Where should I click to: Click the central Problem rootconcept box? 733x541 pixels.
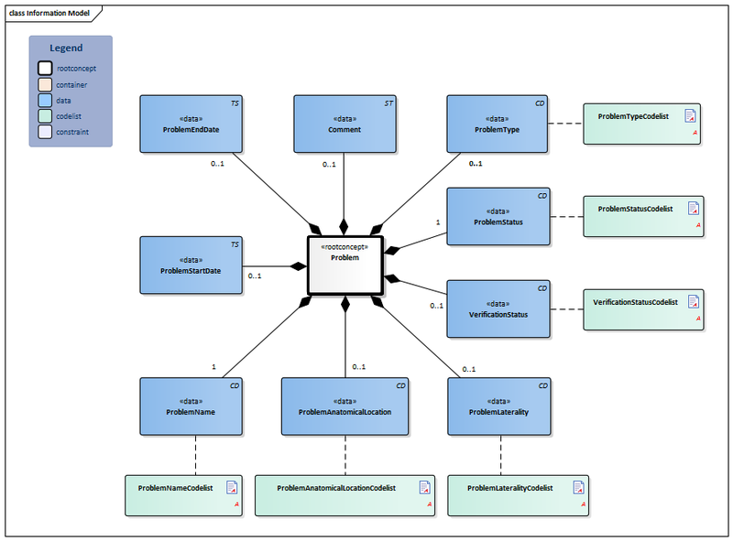click(x=344, y=265)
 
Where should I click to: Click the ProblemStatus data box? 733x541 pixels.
click(x=498, y=216)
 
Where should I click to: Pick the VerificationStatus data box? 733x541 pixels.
click(x=498, y=308)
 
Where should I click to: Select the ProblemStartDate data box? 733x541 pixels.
click(x=191, y=265)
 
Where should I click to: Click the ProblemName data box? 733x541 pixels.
click(x=191, y=406)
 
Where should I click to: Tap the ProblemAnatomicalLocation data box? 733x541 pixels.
click(x=345, y=406)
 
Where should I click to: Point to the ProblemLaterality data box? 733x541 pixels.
click(x=498, y=406)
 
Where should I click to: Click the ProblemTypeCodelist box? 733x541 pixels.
click(x=641, y=124)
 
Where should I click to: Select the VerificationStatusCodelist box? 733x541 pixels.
click(x=641, y=308)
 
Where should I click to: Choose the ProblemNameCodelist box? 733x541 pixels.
click(x=183, y=495)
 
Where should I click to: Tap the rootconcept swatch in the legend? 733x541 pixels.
click(x=45, y=68)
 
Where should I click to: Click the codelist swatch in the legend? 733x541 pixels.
click(x=45, y=116)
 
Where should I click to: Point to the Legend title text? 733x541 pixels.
click(x=66, y=48)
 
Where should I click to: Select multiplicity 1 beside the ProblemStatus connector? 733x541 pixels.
click(x=438, y=222)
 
